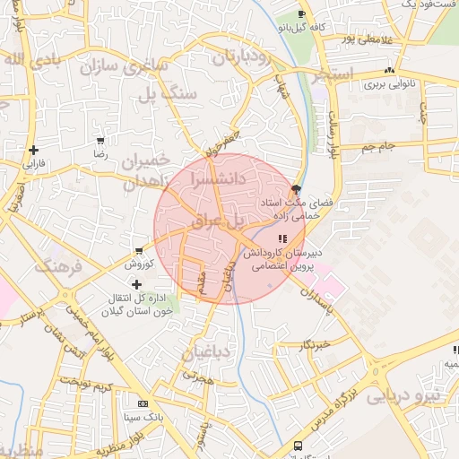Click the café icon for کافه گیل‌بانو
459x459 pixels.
(x=301, y=14)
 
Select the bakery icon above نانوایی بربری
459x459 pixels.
(x=388, y=71)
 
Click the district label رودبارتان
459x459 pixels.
(x=242, y=58)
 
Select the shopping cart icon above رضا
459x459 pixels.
(x=100, y=141)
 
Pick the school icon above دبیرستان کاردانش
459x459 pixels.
(x=281, y=238)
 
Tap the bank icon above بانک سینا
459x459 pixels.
(x=141, y=403)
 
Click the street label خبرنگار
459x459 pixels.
(x=316, y=344)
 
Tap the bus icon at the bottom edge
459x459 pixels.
(x=298, y=446)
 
